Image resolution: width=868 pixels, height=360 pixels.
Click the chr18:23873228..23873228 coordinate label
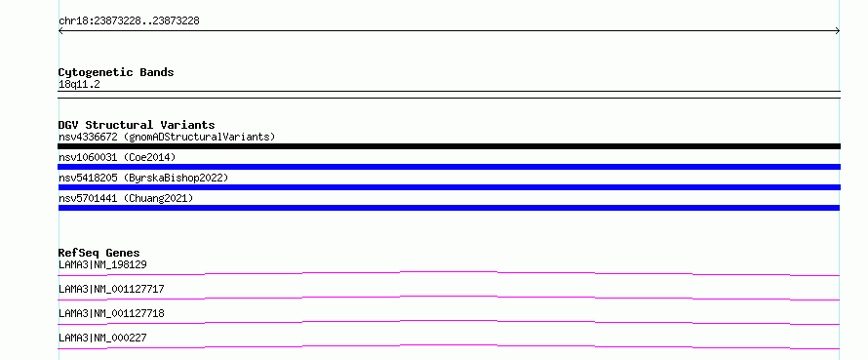coord(129,21)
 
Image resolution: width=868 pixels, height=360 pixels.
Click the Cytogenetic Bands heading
coord(116,72)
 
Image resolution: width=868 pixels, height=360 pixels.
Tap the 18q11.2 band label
coord(79,85)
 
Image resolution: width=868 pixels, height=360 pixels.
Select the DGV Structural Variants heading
coord(137,125)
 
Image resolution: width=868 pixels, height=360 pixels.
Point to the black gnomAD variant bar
coord(449,146)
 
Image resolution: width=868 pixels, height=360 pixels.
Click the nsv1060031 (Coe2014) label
coord(117,157)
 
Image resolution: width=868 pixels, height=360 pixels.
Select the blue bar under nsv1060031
coord(449,167)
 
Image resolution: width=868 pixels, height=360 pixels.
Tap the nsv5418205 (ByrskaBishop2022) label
coord(143,178)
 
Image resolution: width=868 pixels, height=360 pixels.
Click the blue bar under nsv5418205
coord(449,187)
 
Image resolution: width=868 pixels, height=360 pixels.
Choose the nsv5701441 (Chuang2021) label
coord(126,198)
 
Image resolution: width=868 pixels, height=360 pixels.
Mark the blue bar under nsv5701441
coord(449,208)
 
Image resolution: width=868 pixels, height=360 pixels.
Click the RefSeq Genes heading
coord(99,253)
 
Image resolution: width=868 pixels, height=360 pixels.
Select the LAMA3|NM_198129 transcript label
coord(102,264)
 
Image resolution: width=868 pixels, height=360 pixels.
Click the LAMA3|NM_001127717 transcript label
coord(111,289)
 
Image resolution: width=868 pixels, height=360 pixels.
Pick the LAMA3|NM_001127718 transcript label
coord(111,313)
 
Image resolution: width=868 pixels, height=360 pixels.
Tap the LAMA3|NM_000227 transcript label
coord(102,338)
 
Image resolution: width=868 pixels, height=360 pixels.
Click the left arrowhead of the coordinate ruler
coord(59,31)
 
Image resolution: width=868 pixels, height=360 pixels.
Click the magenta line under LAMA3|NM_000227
coord(449,346)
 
